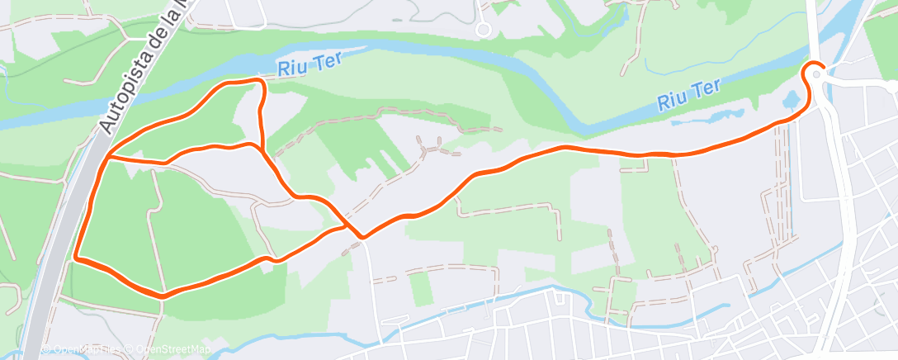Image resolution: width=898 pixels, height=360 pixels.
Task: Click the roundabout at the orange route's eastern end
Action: click(816, 73)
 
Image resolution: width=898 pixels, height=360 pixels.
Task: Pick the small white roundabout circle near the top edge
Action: click(484, 30)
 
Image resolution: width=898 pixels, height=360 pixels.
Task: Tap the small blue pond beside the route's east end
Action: click(791, 100)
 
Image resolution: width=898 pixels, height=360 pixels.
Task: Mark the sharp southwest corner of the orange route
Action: click(76, 258)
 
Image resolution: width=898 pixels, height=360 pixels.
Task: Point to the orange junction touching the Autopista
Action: click(106, 155)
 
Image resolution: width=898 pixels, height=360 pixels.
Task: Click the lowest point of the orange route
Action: click(163, 295)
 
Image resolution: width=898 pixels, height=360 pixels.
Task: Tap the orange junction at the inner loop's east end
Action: click(262, 149)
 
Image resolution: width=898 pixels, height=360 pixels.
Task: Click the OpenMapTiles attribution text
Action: click(83, 349)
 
